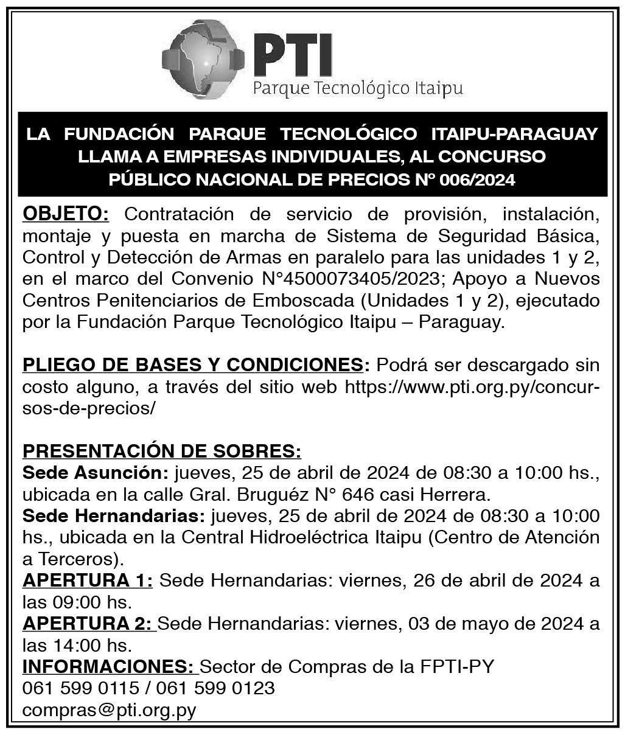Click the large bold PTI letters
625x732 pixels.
tap(293, 53)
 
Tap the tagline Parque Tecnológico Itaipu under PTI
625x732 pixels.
tap(358, 88)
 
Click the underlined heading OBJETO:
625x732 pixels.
tap(66, 214)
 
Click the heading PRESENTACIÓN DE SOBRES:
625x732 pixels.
tap(162, 451)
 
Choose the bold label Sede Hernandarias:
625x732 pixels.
tap(113, 515)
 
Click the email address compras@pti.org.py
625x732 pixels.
tap(109, 710)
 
